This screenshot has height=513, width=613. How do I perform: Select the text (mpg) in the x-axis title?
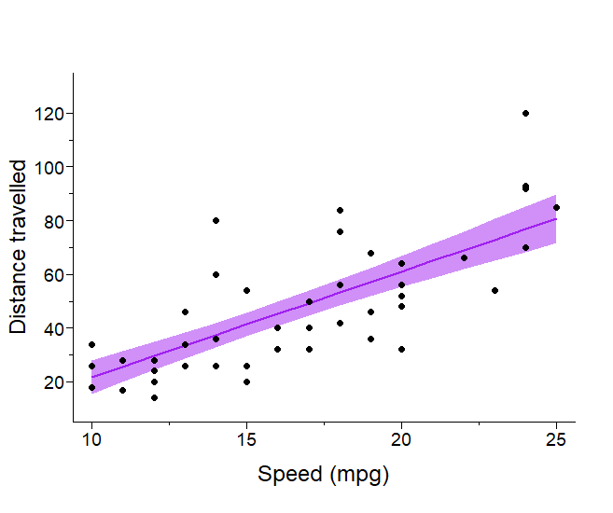tap(358, 475)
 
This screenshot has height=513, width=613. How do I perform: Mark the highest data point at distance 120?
tap(525, 113)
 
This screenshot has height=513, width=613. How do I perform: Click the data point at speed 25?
tap(556, 207)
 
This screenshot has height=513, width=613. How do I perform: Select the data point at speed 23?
tap(495, 290)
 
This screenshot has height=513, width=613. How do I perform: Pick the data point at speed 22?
tap(464, 257)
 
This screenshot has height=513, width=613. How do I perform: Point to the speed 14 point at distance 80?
tap(216, 220)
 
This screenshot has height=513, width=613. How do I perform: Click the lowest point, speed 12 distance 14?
tap(154, 397)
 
